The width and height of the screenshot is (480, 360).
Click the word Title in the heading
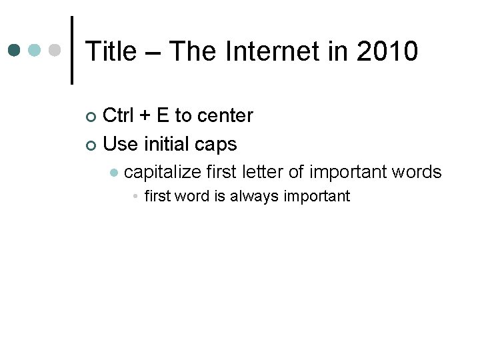111,51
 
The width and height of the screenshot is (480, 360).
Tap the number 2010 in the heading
387,51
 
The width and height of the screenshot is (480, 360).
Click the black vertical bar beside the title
72,50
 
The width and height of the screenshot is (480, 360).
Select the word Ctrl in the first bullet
119,116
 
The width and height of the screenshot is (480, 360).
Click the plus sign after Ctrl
145,117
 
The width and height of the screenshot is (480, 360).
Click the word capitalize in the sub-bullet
163,172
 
